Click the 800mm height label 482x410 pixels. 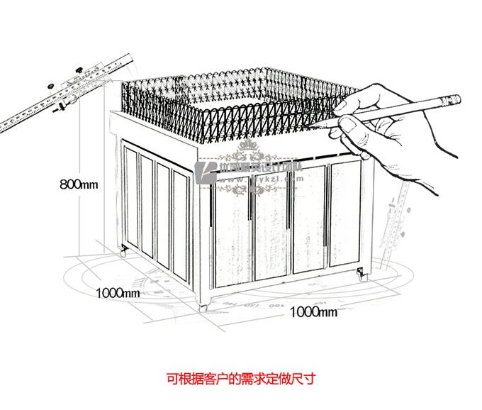click(x=78, y=185)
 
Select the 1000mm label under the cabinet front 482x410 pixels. click(x=313, y=311)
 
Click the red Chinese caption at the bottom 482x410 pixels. click(x=240, y=379)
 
